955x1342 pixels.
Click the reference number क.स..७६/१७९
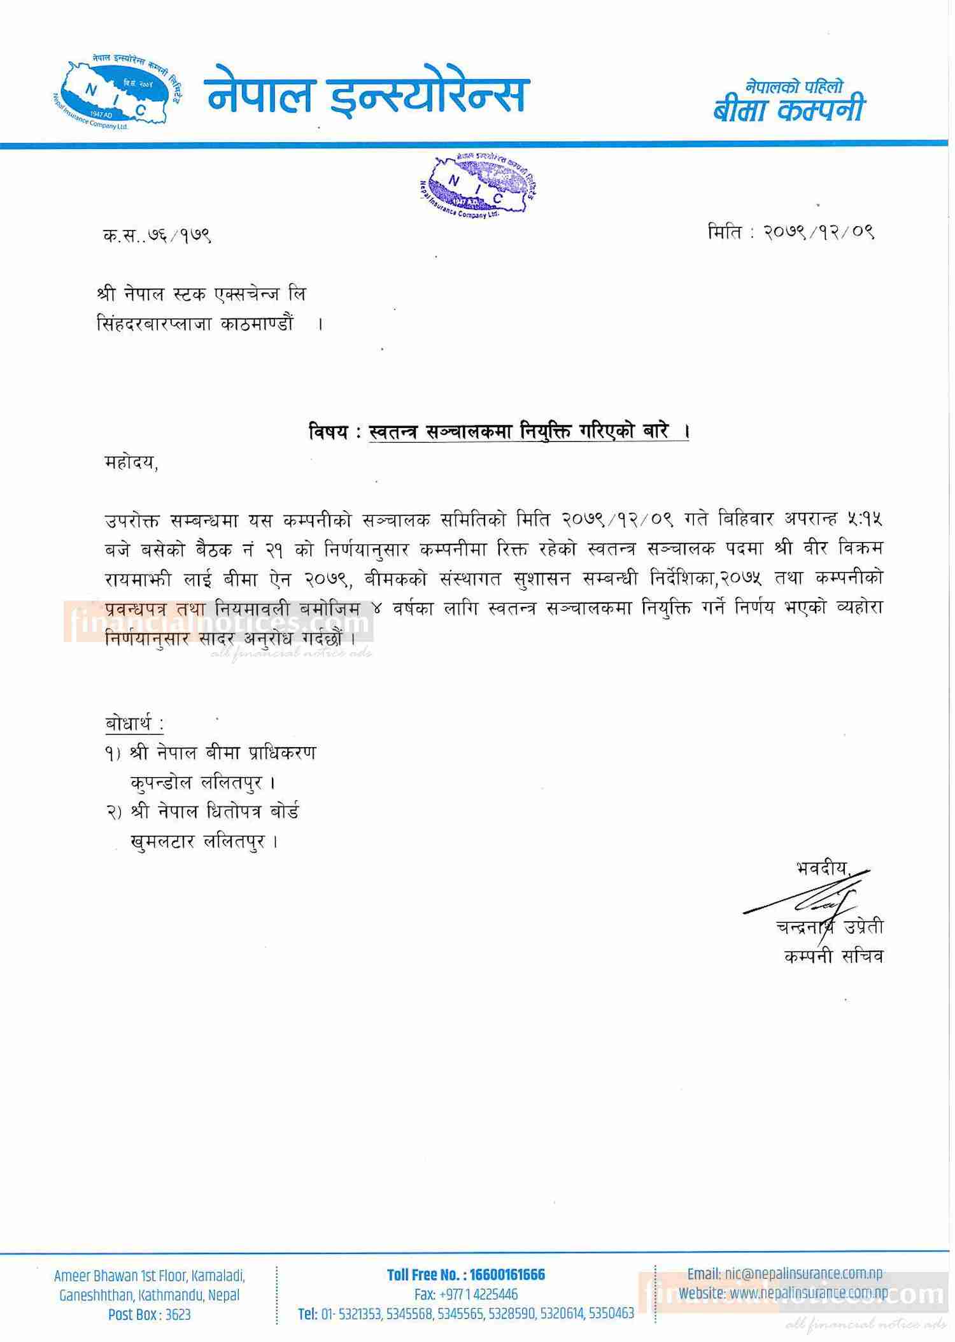[157, 236]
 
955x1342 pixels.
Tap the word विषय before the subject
[329, 432]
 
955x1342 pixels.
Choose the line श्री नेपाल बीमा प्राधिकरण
[222, 753]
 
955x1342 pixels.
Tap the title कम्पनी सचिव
[833, 956]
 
